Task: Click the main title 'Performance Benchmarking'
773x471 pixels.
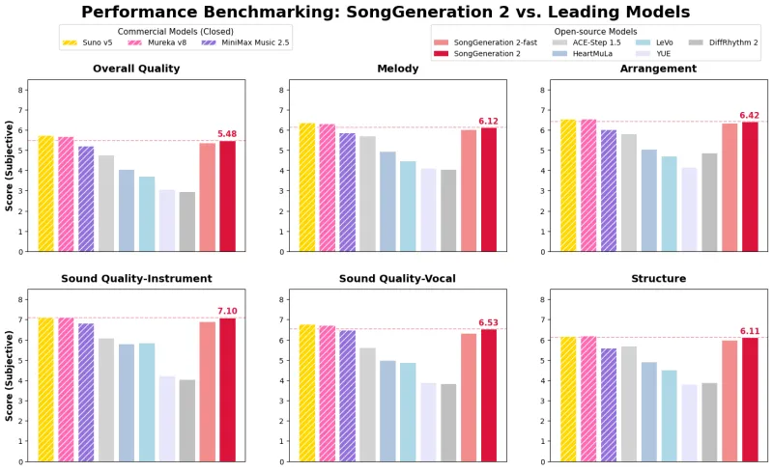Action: [386, 12]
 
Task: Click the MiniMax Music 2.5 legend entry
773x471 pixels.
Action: [242, 42]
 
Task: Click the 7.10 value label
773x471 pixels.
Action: [227, 311]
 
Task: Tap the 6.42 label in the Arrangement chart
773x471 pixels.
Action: [750, 115]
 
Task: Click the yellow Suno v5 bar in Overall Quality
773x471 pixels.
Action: [45, 193]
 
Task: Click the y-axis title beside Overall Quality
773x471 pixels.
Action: [9, 167]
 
